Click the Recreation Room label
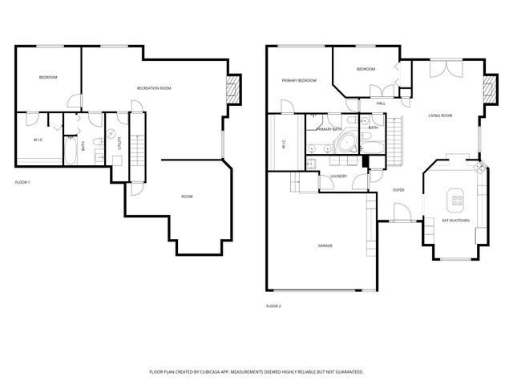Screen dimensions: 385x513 (x=154, y=88)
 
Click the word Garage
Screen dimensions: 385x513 (x=325, y=245)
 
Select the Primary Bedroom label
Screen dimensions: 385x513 (x=298, y=80)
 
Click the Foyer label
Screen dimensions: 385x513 (x=398, y=190)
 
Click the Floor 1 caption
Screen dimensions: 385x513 (x=22, y=183)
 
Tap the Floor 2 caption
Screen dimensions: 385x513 (x=273, y=306)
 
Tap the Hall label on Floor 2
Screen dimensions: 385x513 (x=381, y=103)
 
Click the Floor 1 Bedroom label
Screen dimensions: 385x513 (x=48, y=77)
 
